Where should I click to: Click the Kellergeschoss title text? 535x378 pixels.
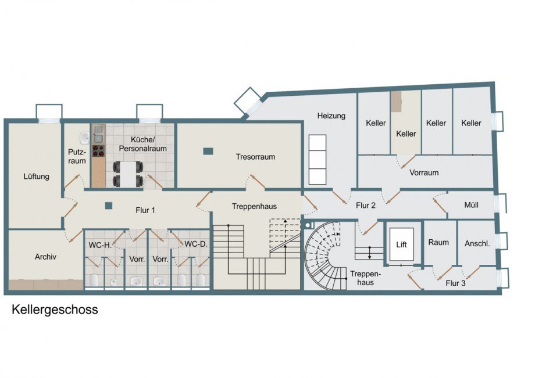[x=55, y=309]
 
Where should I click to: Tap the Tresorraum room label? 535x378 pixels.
[x=255, y=157]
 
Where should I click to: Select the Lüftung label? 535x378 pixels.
[x=37, y=177]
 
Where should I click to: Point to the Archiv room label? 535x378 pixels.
[x=45, y=257]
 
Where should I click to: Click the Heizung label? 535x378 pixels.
[x=331, y=116]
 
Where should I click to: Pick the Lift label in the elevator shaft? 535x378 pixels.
[x=402, y=244]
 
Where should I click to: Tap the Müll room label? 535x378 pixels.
[x=471, y=205]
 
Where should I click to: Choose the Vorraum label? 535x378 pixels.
[x=424, y=172]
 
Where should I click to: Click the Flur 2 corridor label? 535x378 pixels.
[x=366, y=206]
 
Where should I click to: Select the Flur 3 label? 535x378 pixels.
[x=455, y=283]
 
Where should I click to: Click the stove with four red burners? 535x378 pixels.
[x=98, y=152]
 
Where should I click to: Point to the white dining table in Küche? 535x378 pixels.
[x=128, y=174]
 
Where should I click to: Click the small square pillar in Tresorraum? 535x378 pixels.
[x=208, y=151]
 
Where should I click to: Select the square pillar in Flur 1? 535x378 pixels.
[x=109, y=206]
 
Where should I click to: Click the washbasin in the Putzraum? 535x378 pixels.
[x=84, y=138]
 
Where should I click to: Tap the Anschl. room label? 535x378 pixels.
[x=477, y=243]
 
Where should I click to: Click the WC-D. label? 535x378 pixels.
[x=196, y=244]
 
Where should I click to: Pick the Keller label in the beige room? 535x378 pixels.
[x=406, y=134]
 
